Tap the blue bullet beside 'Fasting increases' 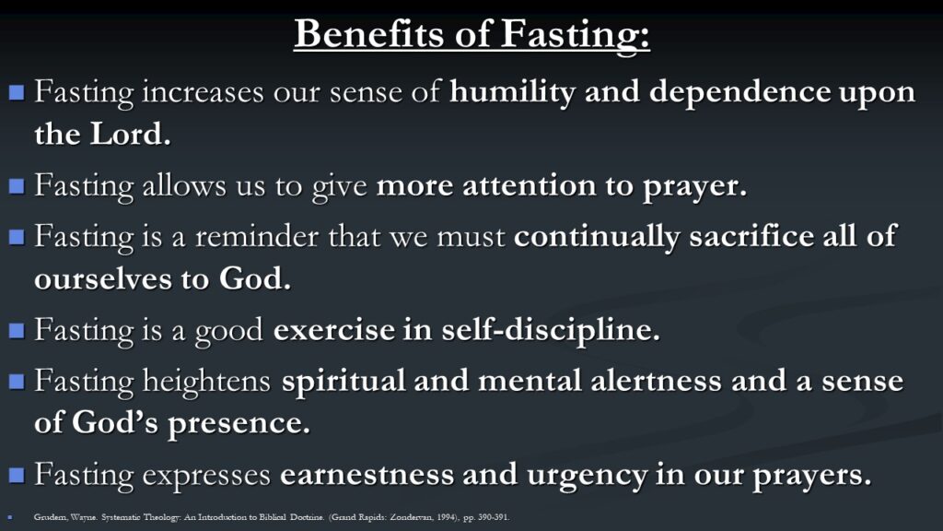click(x=17, y=92)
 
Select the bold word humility click(x=512, y=93)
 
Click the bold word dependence click(x=739, y=93)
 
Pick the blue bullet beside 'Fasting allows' click(x=17, y=186)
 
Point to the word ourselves click(x=102, y=279)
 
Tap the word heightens click(x=207, y=382)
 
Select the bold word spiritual click(x=343, y=382)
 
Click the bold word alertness click(x=656, y=381)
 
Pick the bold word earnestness click(x=367, y=475)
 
